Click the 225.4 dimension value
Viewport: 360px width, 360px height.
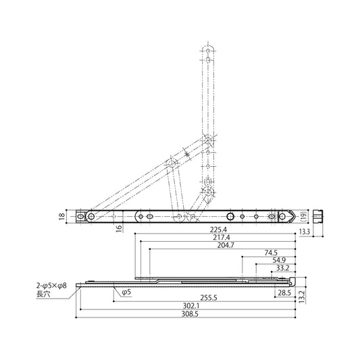[218, 230]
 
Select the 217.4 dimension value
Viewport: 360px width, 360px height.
[222, 237]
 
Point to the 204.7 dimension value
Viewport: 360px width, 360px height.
[226, 245]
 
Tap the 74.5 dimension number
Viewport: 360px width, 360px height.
[271, 253]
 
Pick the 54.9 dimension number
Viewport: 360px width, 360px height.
[279, 260]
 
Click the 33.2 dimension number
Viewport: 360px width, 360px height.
[282, 268]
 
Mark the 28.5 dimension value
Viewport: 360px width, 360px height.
[284, 292]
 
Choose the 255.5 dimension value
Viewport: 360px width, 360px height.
[209, 298]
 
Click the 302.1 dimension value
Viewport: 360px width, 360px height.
[191, 306]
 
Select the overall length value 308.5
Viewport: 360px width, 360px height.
[190, 314]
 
